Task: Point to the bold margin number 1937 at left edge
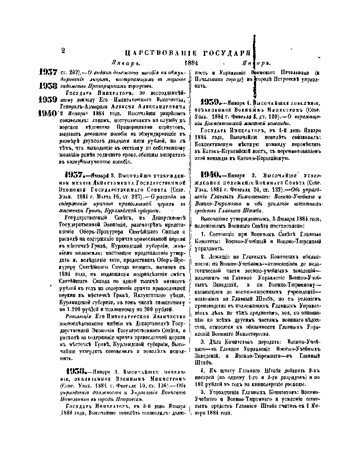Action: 48,72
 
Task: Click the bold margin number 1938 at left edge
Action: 48,86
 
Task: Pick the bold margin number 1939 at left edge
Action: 48,99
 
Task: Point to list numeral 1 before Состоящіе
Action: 203,235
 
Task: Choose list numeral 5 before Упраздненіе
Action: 203,393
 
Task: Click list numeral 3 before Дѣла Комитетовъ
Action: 203,342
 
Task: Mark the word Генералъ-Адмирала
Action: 81,106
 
